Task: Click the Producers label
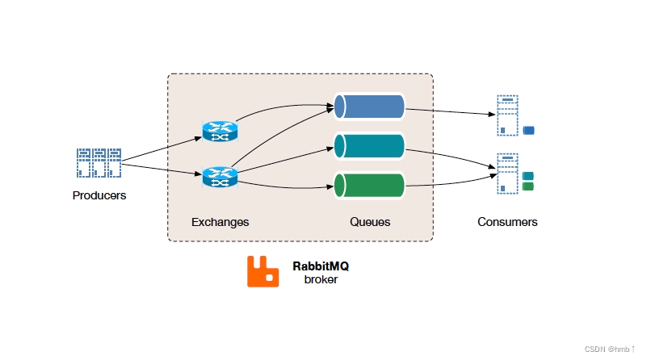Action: point(99,195)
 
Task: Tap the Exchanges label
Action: point(220,221)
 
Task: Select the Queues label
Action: point(370,221)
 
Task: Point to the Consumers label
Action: point(507,221)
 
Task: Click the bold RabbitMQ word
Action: point(321,266)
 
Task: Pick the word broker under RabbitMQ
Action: point(321,279)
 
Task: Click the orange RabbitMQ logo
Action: point(263,272)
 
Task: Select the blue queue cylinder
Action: point(369,106)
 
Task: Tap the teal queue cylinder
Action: point(369,146)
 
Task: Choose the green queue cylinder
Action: point(369,185)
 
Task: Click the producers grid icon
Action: point(99,163)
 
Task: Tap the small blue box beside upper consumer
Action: point(530,130)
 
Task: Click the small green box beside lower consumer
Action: point(528,186)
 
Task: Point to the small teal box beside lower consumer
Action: point(528,176)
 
